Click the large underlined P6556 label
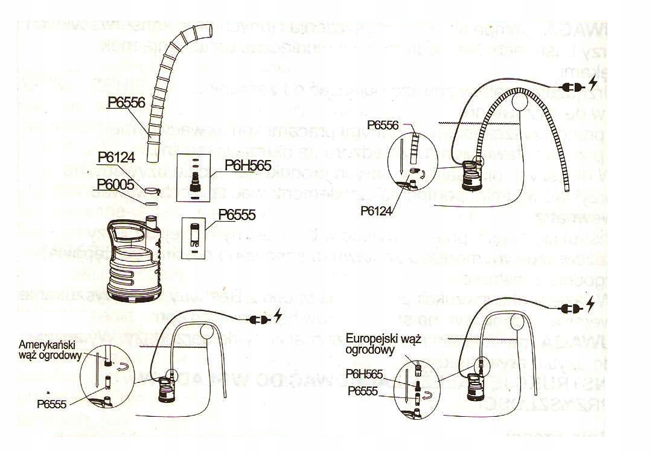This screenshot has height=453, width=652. click(x=126, y=103)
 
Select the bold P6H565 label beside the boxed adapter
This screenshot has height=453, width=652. click(x=248, y=164)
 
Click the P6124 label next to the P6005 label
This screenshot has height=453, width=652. click(x=118, y=156)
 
